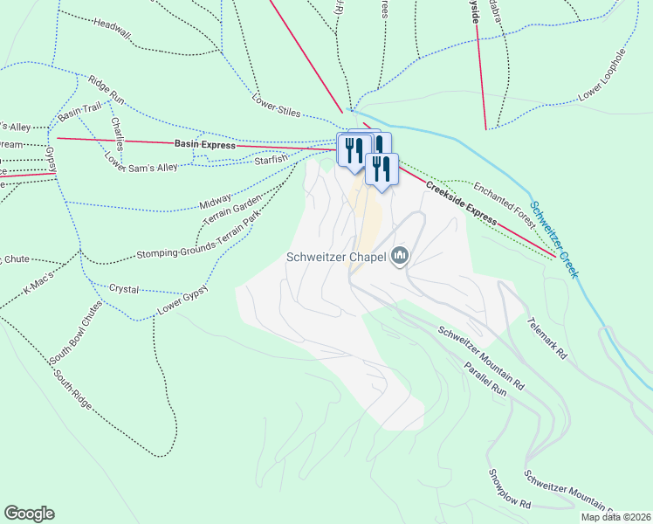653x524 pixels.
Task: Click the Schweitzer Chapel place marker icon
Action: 401,256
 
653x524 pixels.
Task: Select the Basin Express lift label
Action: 205,145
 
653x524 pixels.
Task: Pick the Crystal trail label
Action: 123,287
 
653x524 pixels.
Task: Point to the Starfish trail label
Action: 271,160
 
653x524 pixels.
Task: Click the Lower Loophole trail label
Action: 602,75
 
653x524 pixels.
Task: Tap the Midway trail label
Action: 216,202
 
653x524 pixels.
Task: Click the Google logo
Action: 29,514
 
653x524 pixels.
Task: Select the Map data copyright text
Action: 615,517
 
